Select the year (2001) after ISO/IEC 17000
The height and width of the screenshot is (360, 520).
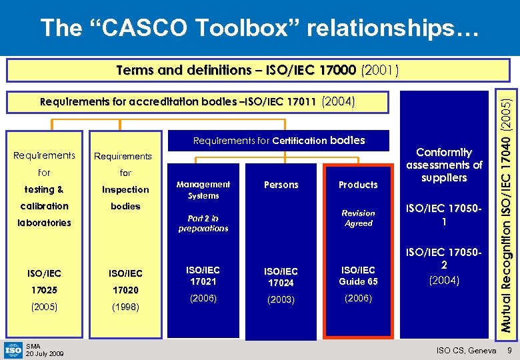379,70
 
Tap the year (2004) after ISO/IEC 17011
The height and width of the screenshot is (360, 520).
339,102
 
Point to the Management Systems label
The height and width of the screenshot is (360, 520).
203,190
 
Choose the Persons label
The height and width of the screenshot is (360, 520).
281,185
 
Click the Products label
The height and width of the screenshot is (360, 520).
358,185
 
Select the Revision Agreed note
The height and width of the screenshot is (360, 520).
358,218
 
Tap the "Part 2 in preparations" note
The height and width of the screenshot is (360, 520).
203,223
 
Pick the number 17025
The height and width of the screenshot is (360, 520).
44,291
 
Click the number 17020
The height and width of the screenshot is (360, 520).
125,291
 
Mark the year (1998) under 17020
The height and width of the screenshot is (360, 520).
125,308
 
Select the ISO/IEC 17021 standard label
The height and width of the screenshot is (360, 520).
203,276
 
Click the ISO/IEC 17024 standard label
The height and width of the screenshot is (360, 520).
281,277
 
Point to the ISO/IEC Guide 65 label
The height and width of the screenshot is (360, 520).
358,276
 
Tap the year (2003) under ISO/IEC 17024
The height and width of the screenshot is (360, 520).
281,299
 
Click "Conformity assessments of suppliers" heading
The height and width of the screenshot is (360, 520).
444,165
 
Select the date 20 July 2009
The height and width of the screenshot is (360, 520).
45,353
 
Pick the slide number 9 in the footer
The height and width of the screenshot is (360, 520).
509,351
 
